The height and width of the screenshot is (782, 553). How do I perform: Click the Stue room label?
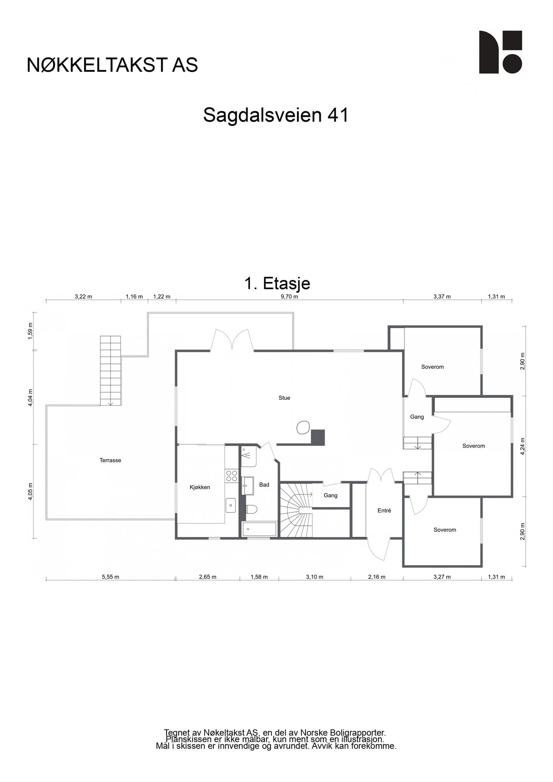coord(284,398)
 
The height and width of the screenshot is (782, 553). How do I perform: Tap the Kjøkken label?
coord(200,487)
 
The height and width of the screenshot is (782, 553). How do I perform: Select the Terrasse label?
coord(110,460)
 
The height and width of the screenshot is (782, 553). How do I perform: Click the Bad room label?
coord(264,485)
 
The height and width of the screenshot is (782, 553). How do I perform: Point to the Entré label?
coord(384,510)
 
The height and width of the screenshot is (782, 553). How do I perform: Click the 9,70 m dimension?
coord(289,296)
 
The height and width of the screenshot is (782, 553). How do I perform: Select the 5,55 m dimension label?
coord(110,577)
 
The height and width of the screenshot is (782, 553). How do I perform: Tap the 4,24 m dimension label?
coord(523,445)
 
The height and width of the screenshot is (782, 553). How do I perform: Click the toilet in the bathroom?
coord(251,509)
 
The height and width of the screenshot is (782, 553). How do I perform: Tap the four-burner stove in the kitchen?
coord(231,476)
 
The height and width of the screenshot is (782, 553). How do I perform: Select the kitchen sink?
coord(230,505)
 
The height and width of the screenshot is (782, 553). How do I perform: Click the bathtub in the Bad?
coord(259,529)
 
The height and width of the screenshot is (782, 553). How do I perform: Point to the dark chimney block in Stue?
coord(318,438)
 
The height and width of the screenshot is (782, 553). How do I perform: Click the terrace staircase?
coord(110,370)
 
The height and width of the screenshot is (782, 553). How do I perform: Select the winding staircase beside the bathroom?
coord(296,510)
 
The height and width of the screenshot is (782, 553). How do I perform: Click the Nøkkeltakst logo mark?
coord(500,52)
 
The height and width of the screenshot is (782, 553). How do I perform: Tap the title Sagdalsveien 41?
coord(276,115)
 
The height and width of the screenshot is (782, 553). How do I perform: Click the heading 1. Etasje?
coord(277,283)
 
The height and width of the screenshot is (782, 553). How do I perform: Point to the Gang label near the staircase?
coord(330,495)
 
